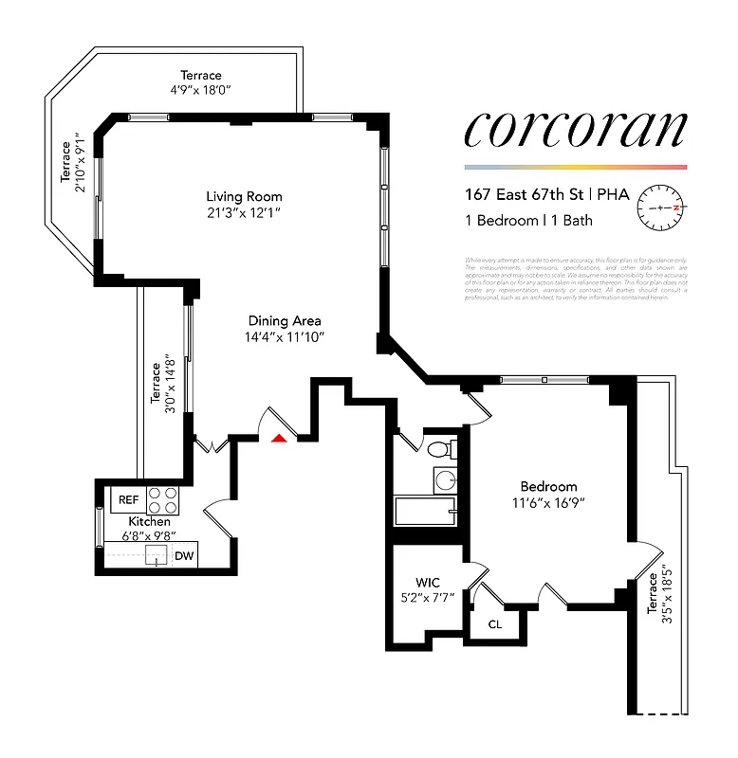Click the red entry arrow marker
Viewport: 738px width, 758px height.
(279, 437)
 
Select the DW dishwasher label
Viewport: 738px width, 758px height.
(185, 556)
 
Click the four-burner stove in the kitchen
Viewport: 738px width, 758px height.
(162, 498)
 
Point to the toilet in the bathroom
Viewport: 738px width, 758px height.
(440, 448)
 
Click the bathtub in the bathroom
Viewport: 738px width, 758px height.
(425, 513)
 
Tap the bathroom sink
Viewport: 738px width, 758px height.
(446, 478)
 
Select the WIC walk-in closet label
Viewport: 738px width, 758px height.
(427, 581)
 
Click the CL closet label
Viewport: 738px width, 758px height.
(494, 624)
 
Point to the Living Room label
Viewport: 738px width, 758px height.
(245, 196)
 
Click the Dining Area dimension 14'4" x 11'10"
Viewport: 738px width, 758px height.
(285, 337)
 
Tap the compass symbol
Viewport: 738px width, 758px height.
(660, 206)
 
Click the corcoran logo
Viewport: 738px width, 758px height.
(574, 131)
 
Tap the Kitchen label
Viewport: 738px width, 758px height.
(150, 522)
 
